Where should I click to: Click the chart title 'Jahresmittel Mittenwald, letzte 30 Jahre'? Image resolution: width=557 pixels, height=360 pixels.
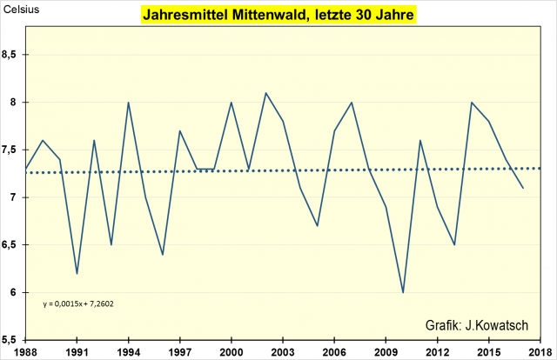click(x=278, y=16)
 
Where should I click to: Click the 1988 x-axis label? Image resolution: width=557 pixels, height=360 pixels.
click(x=26, y=352)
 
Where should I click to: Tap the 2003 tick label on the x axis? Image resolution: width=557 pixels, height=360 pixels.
click(x=282, y=352)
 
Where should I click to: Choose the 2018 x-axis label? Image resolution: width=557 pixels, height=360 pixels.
click(x=539, y=352)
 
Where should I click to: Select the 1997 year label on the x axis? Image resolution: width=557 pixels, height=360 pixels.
click(x=179, y=352)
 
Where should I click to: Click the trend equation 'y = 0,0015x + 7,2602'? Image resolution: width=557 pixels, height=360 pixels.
click(x=79, y=304)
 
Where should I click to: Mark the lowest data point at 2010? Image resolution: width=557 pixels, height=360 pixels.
click(x=403, y=292)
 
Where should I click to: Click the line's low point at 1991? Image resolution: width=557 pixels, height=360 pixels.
click(x=77, y=273)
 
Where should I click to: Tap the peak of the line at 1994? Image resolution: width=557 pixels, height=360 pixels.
click(x=129, y=103)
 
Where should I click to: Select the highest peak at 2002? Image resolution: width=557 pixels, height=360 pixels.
click(x=265, y=93)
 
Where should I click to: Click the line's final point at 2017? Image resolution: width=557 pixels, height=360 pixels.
click(x=522, y=188)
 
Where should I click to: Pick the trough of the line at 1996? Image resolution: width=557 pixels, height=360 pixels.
click(x=163, y=254)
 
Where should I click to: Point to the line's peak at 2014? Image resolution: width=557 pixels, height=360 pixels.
click(x=471, y=103)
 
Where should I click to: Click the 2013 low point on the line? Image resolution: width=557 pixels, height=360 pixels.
click(x=454, y=244)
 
